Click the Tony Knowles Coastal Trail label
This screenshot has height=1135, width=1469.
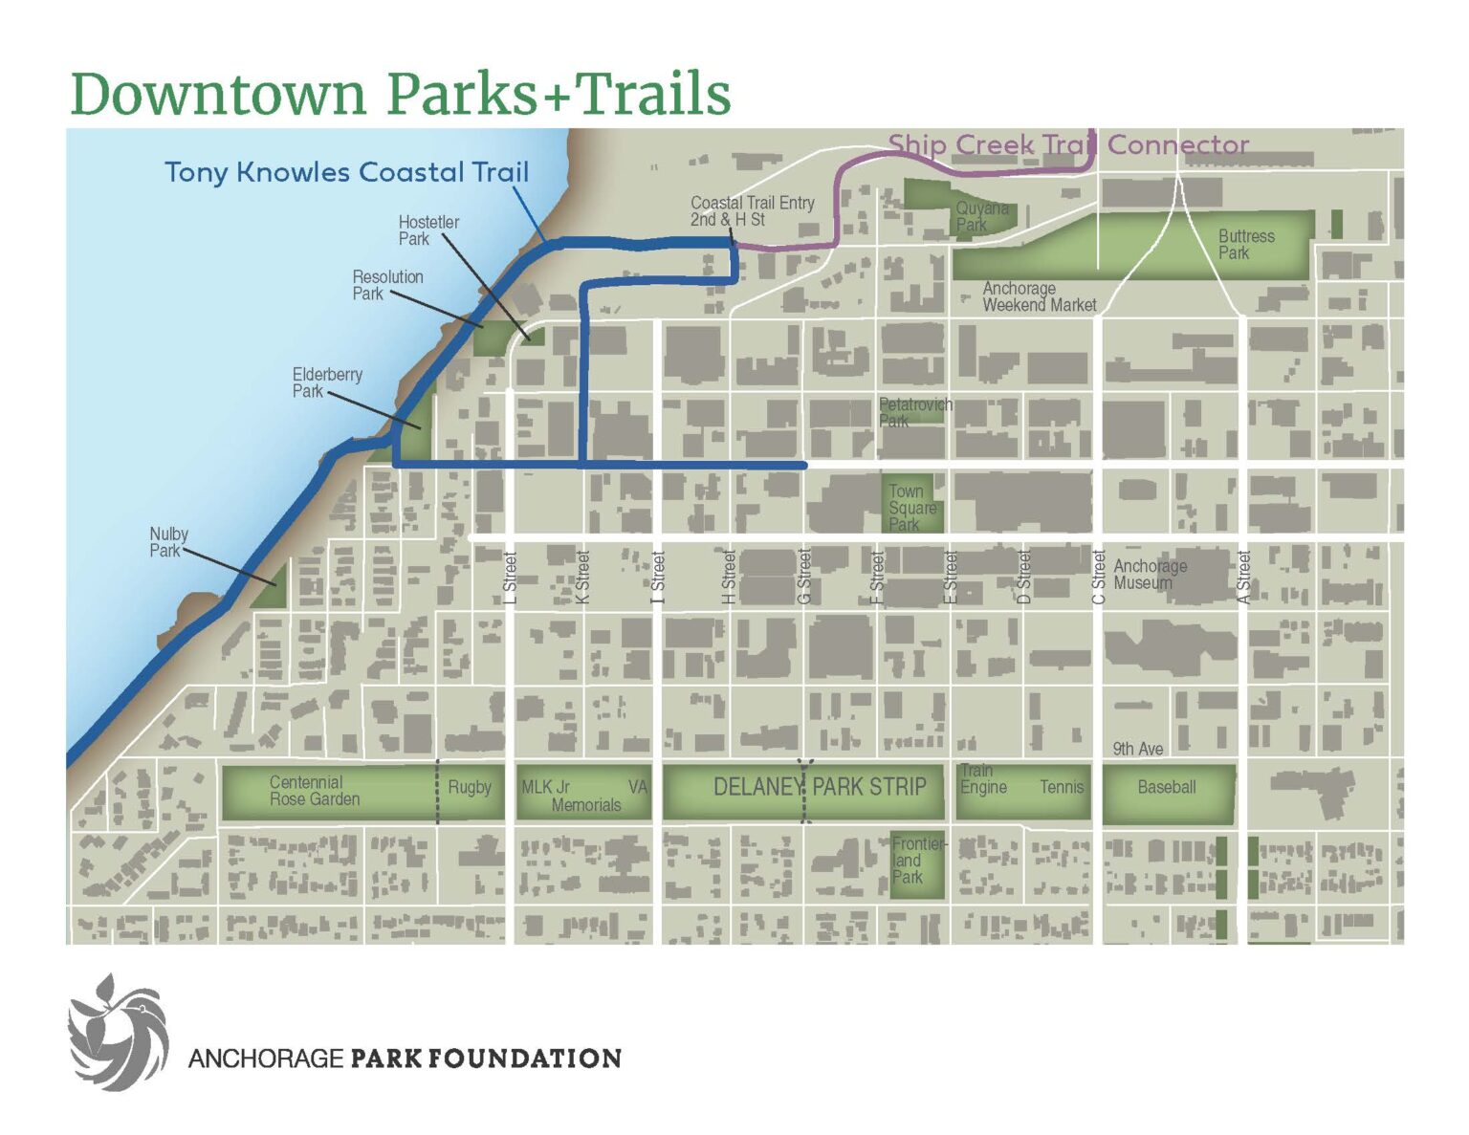pyautogui.click(x=346, y=172)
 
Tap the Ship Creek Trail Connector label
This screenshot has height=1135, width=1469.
pyautogui.click(x=1067, y=145)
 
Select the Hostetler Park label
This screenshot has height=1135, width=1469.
pyautogui.click(x=428, y=230)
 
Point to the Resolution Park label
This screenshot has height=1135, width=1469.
pyautogui.click(x=387, y=285)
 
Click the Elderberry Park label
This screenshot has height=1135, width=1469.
pyautogui.click(x=327, y=382)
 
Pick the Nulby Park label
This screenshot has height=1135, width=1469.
pyautogui.click(x=168, y=542)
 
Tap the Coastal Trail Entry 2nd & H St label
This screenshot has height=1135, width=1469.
pyautogui.click(x=752, y=211)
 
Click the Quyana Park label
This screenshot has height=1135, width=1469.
pyautogui.click(x=981, y=216)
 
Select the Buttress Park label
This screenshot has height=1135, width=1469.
pyautogui.click(x=1245, y=244)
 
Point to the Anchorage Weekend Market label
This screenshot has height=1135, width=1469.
pyautogui.click(x=1039, y=296)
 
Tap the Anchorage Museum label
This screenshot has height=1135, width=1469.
pyautogui.click(x=1150, y=574)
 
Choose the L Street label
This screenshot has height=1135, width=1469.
pyautogui.click(x=510, y=578)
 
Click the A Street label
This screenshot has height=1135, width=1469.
pyautogui.click(x=1243, y=577)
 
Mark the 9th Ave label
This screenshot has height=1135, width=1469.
pyautogui.click(x=1137, y=749)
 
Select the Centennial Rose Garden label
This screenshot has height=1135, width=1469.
pyautogui.click(x=315, y=791)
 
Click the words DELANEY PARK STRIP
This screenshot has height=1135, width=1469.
pyautogui.click(x=820, y=787)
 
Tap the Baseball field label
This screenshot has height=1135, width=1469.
pyautogui.click(x=1166, y=787)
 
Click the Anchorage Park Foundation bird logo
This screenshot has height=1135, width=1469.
pyautogui.click(x=119, y=1033)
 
